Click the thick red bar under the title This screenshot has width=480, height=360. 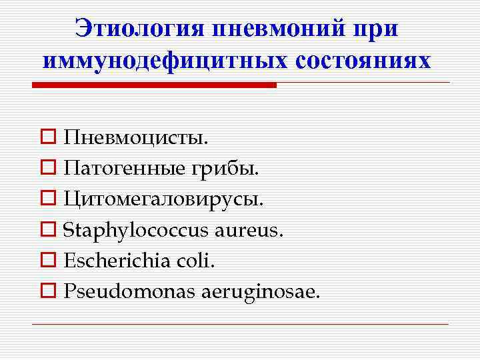154,85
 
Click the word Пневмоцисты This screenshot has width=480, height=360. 136,138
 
